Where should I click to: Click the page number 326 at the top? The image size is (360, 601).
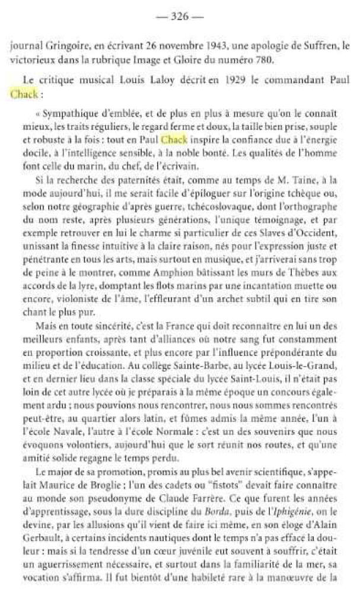point(179,17)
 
